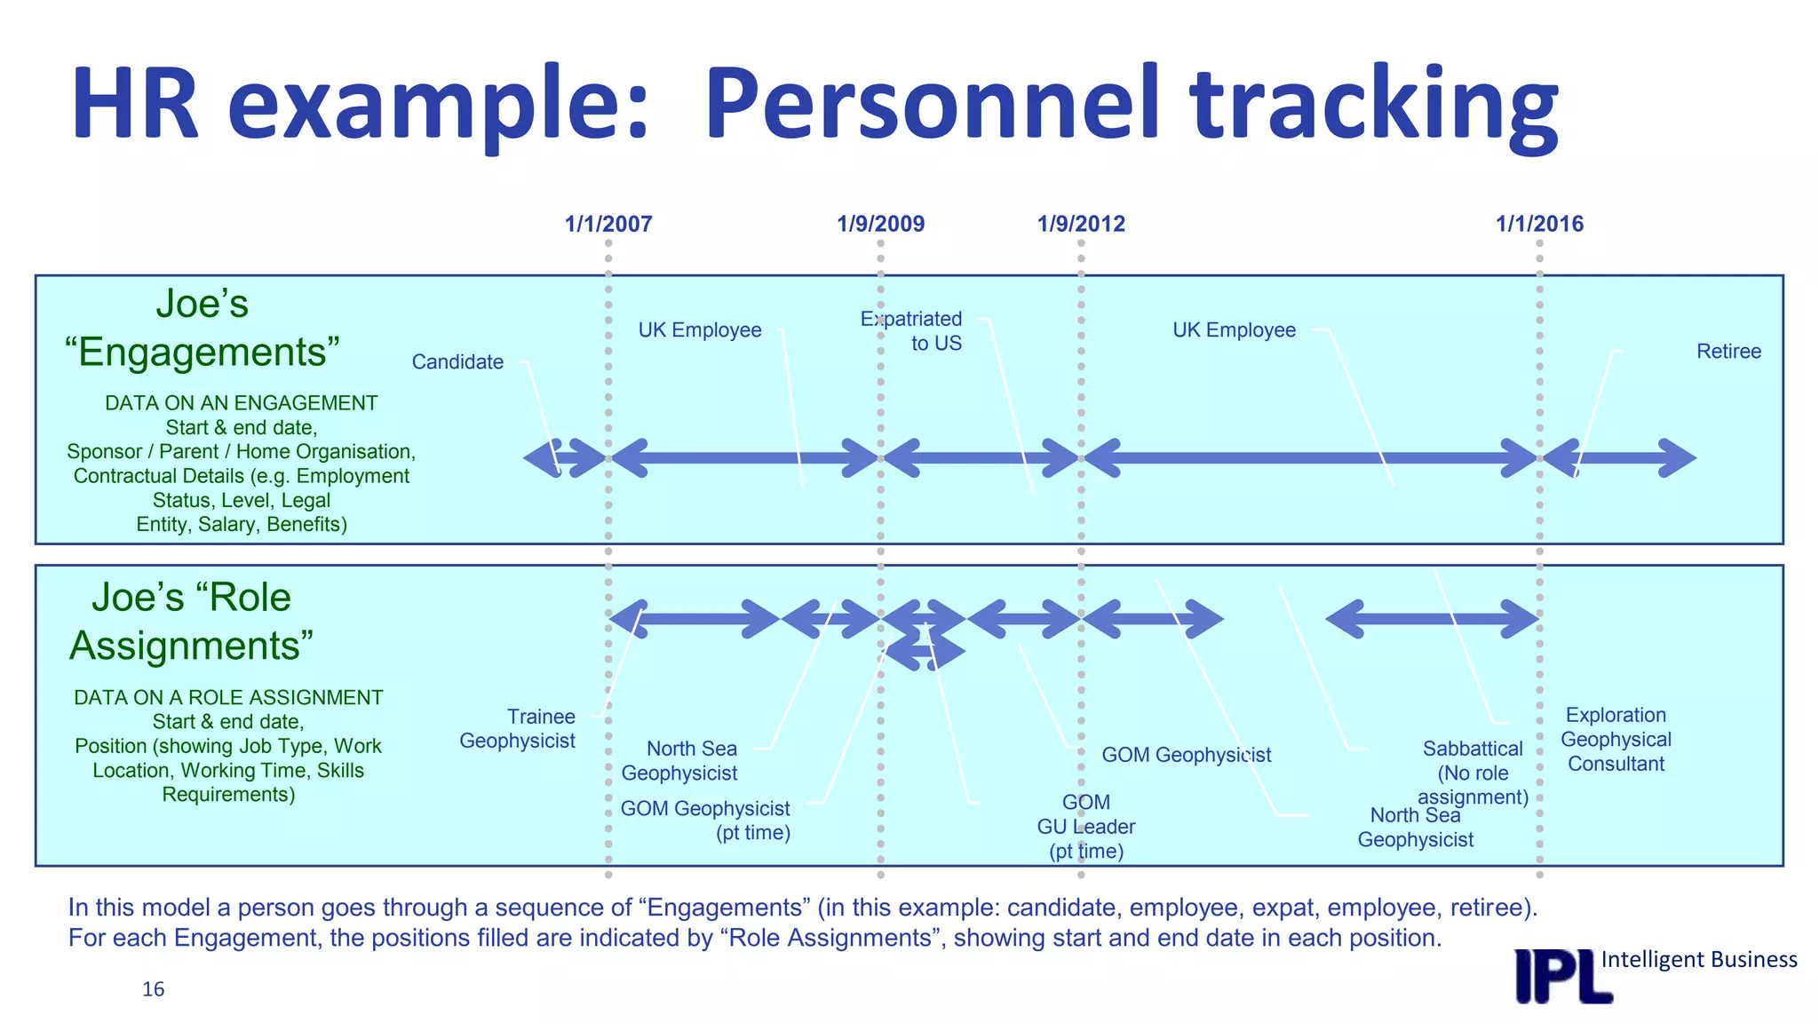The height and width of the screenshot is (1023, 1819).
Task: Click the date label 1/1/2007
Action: point(608,224)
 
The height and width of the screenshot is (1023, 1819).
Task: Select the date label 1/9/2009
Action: point(880,224)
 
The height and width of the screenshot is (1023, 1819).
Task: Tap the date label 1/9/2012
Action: point(1081,224)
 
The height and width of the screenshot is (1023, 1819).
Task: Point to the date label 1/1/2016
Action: point(1539,224)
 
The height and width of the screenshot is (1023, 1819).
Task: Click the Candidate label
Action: point(457,362)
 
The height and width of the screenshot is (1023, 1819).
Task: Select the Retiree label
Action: point(1728,352)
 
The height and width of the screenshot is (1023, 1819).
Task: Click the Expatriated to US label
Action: point(912,331)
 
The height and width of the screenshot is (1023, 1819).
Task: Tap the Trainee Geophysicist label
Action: point(518,729)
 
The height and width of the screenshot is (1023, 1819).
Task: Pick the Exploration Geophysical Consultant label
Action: point(1616,740)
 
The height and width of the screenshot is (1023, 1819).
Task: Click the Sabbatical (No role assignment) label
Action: point(1473,773)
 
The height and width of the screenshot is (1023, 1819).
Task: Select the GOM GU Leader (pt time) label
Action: point(1086,827)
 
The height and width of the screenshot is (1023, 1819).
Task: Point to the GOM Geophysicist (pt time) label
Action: point(706,821)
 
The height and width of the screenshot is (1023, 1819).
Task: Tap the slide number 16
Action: point(153,989)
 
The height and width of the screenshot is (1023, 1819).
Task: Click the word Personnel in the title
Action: point(933,105)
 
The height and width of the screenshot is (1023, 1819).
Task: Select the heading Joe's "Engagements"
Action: point(203,329)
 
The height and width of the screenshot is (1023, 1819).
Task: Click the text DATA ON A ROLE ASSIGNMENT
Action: point(228,698)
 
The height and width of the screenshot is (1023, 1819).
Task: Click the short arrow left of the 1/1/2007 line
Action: point(565,458)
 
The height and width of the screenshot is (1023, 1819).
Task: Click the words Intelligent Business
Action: point(1698,960)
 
